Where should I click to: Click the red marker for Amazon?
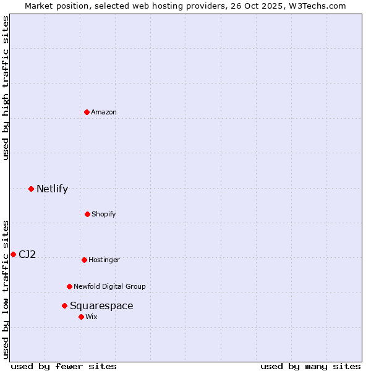tap(87, 112)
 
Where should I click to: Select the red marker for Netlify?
tap(31, 189)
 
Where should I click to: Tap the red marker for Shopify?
tap(87, 214)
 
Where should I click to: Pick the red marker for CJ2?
tap(13, 254)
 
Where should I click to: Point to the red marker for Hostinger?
tap(84, 260)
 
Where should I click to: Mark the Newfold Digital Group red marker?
tap(69, 286)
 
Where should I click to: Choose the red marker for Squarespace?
tap(64, 305)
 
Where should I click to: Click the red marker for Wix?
tap(81, 317)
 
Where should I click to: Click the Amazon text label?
tap(104, 112)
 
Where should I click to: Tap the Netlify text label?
tap(52, 189)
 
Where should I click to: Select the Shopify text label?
tap(104, 214)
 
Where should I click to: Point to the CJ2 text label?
tap(27, 254)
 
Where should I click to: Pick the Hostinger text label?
tap(104, 260)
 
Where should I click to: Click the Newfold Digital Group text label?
tap(109, 286)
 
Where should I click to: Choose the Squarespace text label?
tap(101, 305)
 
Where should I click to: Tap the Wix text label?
tap(92, 317)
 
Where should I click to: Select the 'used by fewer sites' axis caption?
tap(64, 366)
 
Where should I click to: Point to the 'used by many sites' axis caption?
tap(310, 366)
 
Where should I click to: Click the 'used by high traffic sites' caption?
tap(6, 88)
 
